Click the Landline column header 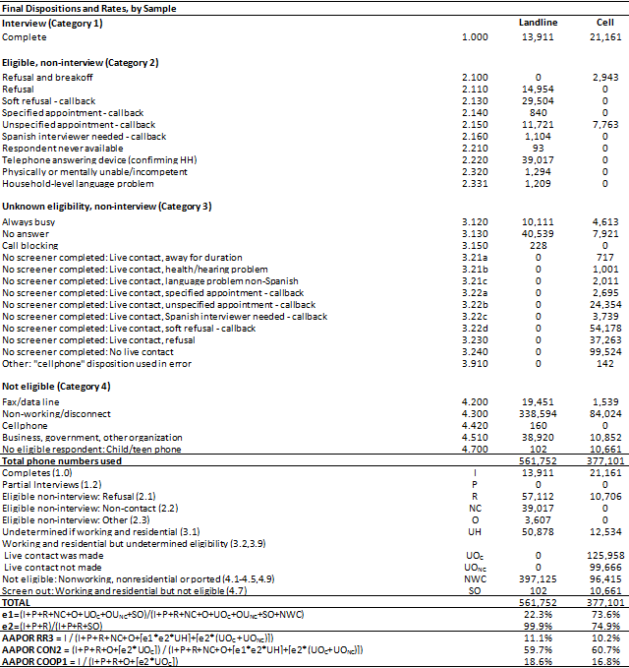tap(538, 22)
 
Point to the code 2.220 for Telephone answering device tap(475, 158)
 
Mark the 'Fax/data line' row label tap(32, 403)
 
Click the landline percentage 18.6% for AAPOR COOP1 tap(542, 661)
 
